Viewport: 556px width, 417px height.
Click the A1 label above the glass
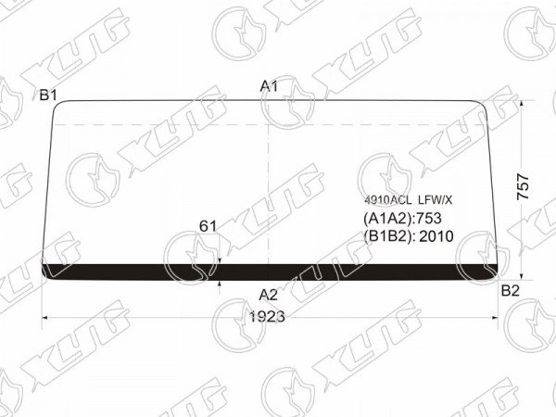coord(269,86)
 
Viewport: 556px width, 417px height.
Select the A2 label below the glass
coord(268,295)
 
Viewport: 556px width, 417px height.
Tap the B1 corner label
coord(48,95)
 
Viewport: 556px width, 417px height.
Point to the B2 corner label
coord(511,291)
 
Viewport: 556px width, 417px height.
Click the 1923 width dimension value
coord(268,317)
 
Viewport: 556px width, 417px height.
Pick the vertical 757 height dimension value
coord(524,187)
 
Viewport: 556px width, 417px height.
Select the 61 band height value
coord(208,226)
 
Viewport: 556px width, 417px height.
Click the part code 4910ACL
coord(388,201)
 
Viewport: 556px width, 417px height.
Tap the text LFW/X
coord(436,201)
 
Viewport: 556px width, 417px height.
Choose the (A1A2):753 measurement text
coord(402,219)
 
